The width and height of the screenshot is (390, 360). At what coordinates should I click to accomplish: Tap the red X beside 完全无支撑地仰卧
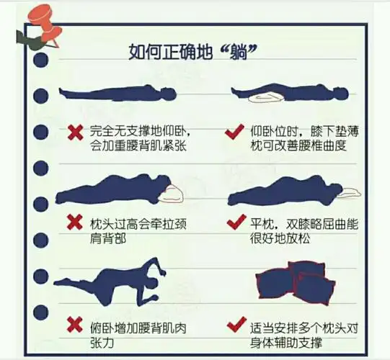tap(74, 132)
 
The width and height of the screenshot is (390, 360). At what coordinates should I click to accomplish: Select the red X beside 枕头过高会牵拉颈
tap(74, 221)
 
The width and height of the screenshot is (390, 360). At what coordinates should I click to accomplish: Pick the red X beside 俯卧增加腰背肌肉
tap(74, 325)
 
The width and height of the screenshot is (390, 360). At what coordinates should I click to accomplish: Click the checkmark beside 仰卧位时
tap(233, 132)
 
